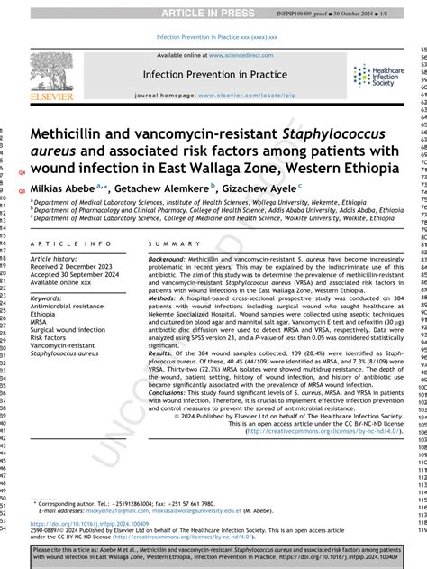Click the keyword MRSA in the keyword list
point(40,322)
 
